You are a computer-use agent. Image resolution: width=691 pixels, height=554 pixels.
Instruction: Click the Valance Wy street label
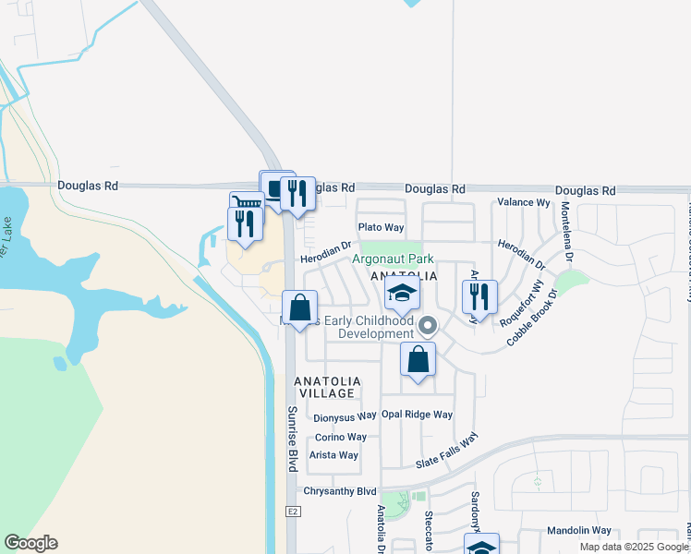[523, 202]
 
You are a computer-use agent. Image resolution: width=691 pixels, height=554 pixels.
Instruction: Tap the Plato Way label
[382, 227]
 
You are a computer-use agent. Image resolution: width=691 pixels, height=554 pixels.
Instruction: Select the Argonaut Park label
[393, 260]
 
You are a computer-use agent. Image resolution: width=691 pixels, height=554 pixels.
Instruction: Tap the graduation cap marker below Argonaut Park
[402, 295]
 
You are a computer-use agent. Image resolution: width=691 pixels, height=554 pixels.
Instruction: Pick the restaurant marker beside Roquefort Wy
[479, 297]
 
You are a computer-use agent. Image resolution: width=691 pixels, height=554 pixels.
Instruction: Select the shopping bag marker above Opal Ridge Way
[418, 360]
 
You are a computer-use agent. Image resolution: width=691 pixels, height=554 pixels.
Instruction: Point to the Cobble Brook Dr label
[532, 319]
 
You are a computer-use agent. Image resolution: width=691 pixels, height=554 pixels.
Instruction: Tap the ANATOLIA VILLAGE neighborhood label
[324, 387]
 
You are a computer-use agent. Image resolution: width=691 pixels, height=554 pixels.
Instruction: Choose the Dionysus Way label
[345, 417]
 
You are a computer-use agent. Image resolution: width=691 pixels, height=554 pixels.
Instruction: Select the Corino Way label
[341, 437]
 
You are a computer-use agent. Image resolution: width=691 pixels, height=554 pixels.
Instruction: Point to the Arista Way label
[333, 455]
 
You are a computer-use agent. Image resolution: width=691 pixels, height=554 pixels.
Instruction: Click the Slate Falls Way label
[447, 451]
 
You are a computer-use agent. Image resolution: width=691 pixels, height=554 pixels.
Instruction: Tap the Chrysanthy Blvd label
[343, 491]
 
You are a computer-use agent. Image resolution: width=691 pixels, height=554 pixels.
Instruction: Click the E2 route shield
[293, 512]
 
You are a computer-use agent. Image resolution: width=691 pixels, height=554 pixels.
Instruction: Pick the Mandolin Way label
[578, 531]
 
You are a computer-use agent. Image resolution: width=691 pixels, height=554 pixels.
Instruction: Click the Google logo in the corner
[30, 543]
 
